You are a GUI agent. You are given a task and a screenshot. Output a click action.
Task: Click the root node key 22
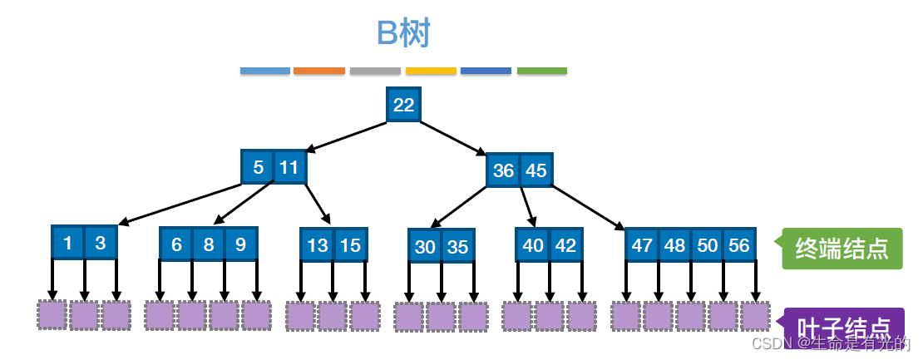pos(403,105)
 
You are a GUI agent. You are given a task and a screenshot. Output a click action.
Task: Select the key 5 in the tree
pos(258,167)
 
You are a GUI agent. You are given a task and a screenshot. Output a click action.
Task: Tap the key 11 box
pos(289,167)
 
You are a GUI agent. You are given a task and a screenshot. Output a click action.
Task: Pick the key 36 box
pos(503,170)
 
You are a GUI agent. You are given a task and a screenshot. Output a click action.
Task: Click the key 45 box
pos(536,170)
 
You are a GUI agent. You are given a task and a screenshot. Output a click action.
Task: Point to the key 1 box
pos(67,243)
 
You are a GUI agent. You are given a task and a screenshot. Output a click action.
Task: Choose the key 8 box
pos(209,244)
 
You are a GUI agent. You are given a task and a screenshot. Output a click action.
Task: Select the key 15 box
pos(350,245)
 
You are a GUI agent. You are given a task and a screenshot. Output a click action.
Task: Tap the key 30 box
pos(425,246)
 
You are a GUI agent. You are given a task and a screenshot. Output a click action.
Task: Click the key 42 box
pos(565,245)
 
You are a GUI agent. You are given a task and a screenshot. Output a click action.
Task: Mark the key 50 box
pos(707,245)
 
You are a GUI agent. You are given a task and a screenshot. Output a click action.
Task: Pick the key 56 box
pos(739,245)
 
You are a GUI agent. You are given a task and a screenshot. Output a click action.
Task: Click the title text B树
pos(403,33)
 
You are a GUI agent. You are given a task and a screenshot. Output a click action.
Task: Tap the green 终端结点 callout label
pos(842,248)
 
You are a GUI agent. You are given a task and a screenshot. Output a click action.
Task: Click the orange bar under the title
pos(319,72)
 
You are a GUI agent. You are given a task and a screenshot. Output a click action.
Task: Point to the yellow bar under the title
pos(431,72)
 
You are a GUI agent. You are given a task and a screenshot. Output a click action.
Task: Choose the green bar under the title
pos(542,72)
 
